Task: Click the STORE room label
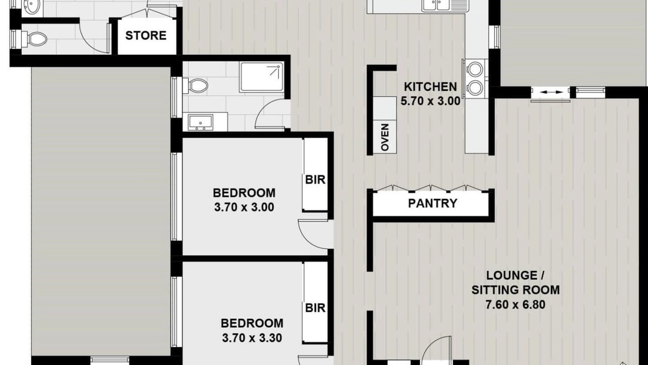pos(146,35)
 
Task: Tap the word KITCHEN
pos(430,87)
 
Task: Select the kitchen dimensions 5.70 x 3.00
pos(430,101)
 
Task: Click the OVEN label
pos(385,137)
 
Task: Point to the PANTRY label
pos(432,203)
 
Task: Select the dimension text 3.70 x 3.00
pos(244,207)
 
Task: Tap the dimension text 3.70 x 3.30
pos(252,338)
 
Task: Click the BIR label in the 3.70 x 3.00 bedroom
pos(315,180)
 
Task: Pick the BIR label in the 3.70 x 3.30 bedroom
pos(315,308)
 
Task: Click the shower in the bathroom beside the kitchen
pos(262,77)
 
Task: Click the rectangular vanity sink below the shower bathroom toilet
pos(200,122)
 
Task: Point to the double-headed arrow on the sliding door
pos(551,92)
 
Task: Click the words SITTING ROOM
pos(515,290)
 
